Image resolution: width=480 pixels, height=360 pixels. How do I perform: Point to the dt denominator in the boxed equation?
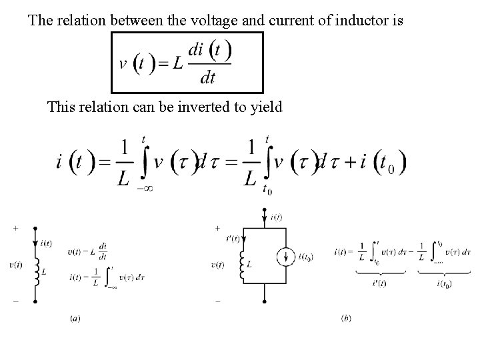point(208,78)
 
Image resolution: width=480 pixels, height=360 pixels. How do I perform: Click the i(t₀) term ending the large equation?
point(383,162)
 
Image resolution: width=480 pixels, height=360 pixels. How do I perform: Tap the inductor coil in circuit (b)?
point(244,266)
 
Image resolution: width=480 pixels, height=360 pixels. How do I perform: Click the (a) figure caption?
point(75,319)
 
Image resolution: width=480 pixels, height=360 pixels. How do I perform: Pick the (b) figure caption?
point(346,319)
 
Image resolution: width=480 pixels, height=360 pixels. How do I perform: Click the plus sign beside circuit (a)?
point(15,228)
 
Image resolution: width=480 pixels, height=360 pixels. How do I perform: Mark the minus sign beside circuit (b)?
point(218,301)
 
